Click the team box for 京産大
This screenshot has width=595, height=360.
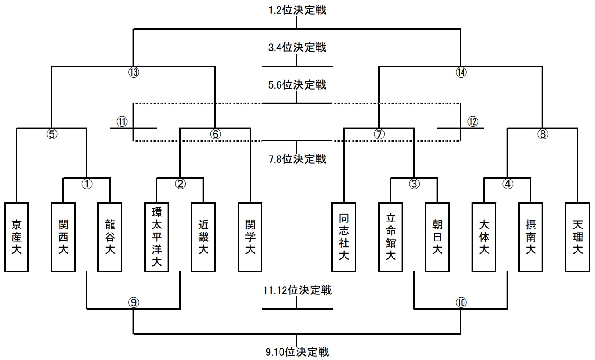click(x=17, y=237)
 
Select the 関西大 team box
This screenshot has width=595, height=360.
click(x=63, y=237)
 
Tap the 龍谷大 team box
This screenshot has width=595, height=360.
click(x=110, y=237)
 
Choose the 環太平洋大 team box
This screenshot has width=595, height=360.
click(x=157, y=237)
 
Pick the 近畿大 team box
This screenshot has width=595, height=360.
click(x=203, y=237)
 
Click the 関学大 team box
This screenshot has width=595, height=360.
click(x=250, y=237)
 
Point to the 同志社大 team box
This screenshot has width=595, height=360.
click(x=344, y=237)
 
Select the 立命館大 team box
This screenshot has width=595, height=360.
click(x=391, y=237)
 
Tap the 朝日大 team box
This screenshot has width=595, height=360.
click(x=437, y=237)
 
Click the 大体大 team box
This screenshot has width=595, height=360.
click(x=484, y=237)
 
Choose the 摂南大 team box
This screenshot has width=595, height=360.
click(x=531, y=237)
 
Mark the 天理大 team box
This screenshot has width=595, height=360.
click(x=577, y=237)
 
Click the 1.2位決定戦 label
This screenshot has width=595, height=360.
click(x=297, y=10)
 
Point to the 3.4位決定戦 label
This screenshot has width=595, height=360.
click(x=297, y=47)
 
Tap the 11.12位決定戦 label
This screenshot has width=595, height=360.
click(x=297, y=290)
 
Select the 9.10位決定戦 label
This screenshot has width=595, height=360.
click(x=297, y=352)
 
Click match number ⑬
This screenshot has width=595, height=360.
click(x=134, y=72)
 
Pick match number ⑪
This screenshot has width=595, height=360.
click(x=122, y=122)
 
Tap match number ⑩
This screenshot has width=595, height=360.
click(x=461, y=302)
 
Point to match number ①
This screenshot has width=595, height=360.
click(x=87, y=184)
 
